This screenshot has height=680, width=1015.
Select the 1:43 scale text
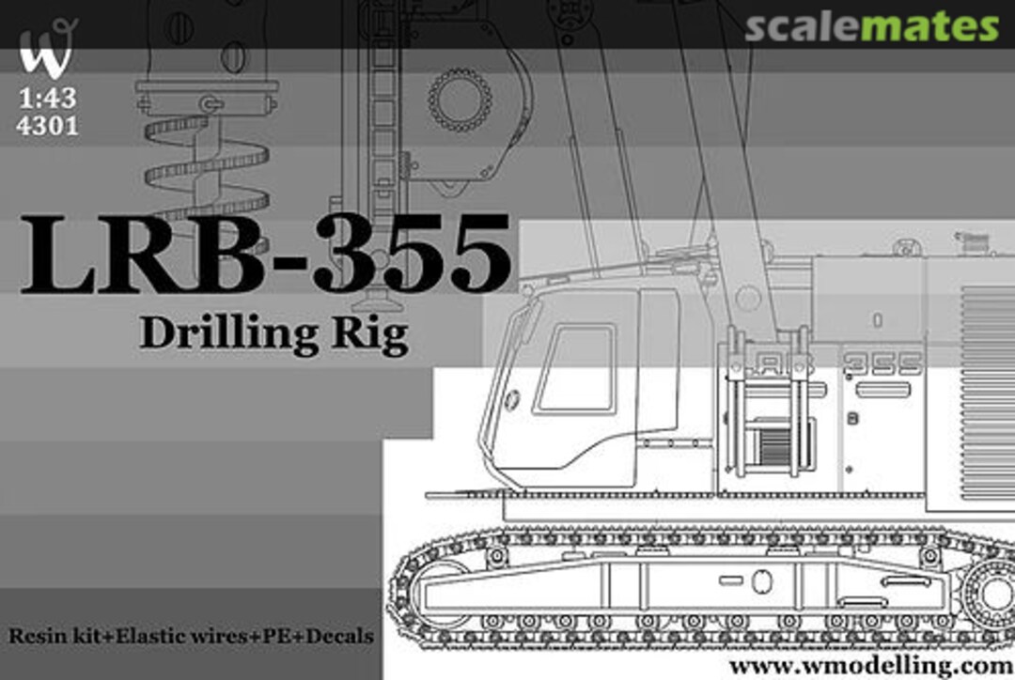46,100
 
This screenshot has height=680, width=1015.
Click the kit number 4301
47,125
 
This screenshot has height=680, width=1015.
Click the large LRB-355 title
266,254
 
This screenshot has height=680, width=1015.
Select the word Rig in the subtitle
377,336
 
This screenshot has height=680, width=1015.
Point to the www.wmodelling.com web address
870,665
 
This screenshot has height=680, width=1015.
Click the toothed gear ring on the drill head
460,100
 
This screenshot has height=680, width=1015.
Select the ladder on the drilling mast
382,103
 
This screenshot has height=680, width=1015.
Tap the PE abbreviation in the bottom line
278,636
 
